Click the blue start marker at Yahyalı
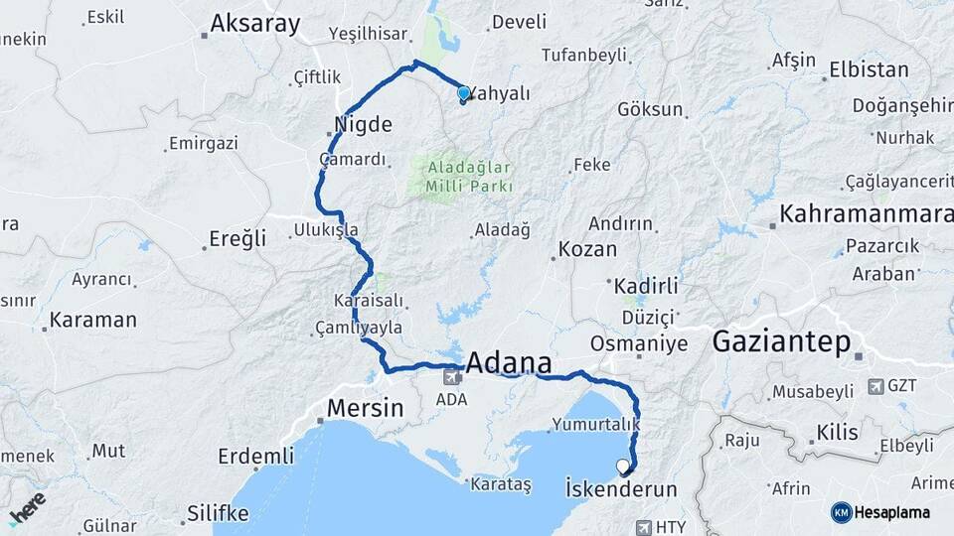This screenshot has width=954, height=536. tap(463, 94)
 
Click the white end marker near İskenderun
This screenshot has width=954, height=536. tap(623, 466)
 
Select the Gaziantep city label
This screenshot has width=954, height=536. tap(782, 343)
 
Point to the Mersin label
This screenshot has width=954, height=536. tap(366, 407)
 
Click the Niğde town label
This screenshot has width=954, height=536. tap(364, 126)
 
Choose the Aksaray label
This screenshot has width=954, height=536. tap(255, 25)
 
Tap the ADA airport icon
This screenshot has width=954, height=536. tap(452, 376)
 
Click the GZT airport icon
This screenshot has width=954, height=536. tap(875, 386)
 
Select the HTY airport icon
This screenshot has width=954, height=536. tap(643, 527)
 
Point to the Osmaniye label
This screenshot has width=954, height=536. tap(639, 343)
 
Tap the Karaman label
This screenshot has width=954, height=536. tap(92, 320)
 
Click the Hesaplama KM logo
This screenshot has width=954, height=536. tap(841, 512)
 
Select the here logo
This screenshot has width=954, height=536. tap(27, 509)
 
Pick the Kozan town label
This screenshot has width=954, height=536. tap(587, 249)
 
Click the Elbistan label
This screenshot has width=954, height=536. tap(868, 70)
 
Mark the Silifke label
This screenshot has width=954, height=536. tap(218, 513)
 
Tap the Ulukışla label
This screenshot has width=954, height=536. tap(325, 230)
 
